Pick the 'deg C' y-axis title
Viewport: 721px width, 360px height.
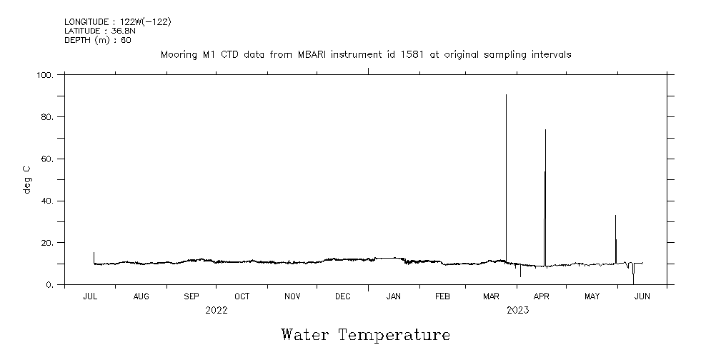27,179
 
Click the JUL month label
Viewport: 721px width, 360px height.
91,296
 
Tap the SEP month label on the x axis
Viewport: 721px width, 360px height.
192,296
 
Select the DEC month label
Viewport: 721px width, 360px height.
342,296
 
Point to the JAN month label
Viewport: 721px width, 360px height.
393,296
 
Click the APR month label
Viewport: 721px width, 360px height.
542,296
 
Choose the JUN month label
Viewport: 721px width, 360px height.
642,296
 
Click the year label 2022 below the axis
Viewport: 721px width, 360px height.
216,311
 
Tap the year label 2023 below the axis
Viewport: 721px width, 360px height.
517,311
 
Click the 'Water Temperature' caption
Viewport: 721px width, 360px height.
365,335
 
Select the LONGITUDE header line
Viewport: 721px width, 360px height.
117,22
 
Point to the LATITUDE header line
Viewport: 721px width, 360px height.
99,31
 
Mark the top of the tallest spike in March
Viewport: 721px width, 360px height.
506,94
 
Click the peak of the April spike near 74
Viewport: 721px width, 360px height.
545,129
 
